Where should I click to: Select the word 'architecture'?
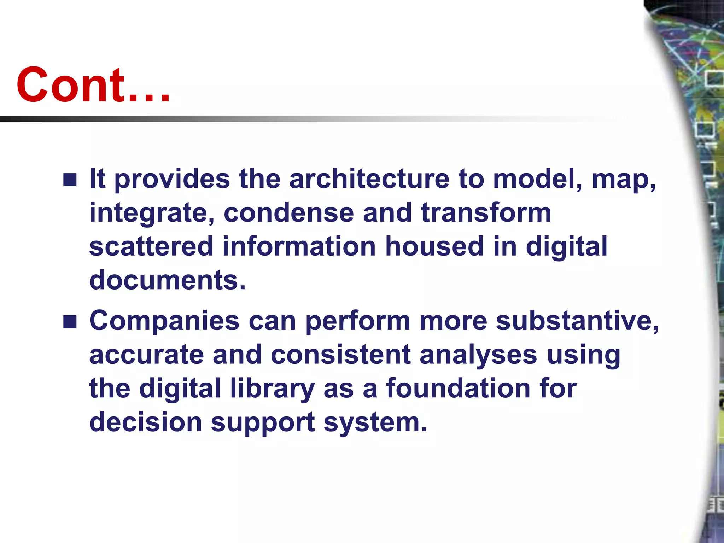(369, 179)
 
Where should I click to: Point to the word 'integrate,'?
(152, 213)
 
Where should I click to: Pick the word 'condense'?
(288, 213)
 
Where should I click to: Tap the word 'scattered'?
(151, 246)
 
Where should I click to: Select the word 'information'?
(299, 246)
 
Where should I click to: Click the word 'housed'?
(434, 246)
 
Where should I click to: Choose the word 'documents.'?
(167, 280)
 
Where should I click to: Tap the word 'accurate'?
(146, 355)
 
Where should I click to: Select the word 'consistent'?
(341, 355)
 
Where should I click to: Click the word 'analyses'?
(478, 355)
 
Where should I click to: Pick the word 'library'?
(272, 389)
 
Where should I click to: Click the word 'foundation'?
(458, 389)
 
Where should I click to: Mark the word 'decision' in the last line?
(145, 422)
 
